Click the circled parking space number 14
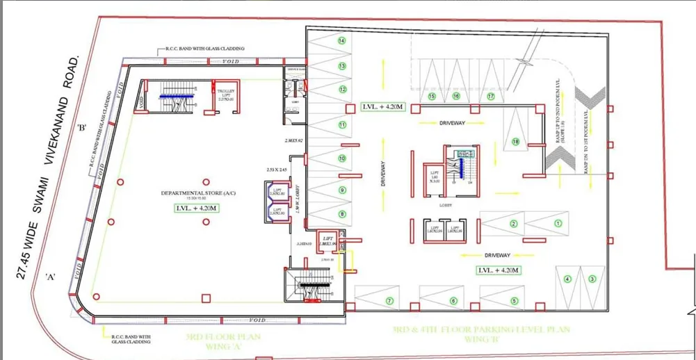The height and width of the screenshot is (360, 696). click(341, 41)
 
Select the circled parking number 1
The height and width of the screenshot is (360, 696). click(557, 223)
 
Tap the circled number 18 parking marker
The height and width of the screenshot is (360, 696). click(515, 142)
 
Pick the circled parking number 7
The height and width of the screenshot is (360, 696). click(389, 301)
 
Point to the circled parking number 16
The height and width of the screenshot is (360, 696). click(456, 96)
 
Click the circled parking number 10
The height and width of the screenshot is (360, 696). click(341, 158)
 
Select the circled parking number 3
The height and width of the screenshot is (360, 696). click(592, 279)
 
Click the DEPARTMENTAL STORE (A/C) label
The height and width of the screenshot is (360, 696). click(188, 193)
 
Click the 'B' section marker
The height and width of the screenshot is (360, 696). click(81, 127)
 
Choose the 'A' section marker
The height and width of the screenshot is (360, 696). click(50, 277)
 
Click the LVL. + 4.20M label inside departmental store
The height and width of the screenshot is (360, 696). click(187, 207)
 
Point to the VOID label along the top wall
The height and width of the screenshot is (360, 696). click(231, 61)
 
